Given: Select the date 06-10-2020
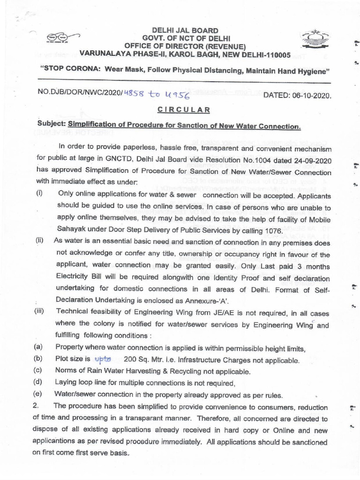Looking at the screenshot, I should pyautogui.click(x=314, y=96).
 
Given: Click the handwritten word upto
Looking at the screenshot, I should pyautogui.click(x=103, y=360).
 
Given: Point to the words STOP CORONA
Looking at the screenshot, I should pyautogui.click(x=71, y=70).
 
